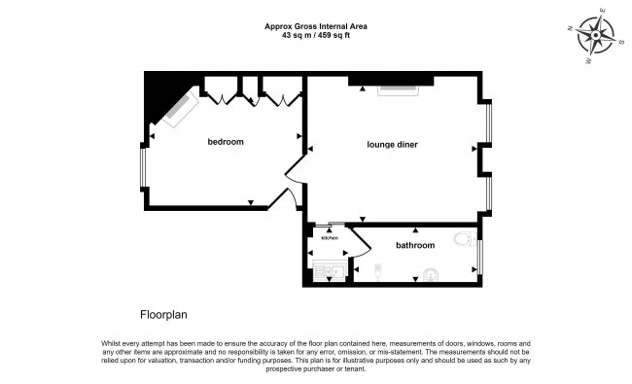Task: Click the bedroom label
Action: click(226, 142)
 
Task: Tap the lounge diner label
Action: click(392, 145)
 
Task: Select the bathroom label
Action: click(414, 245)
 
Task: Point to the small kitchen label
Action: click(330, 238)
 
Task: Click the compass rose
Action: click(596, 35)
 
